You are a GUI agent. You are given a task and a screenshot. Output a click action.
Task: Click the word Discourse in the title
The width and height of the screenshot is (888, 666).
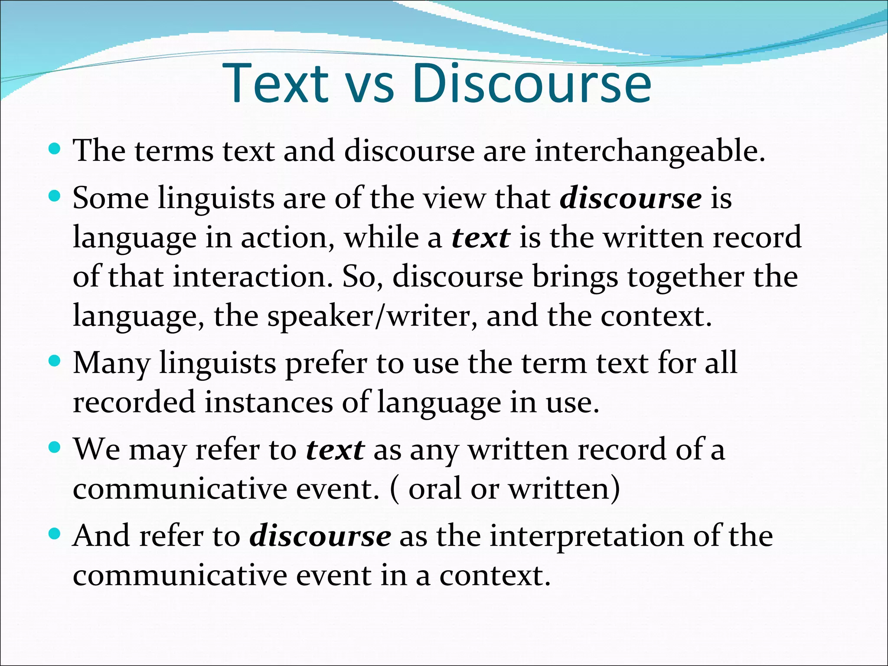pos(532,83)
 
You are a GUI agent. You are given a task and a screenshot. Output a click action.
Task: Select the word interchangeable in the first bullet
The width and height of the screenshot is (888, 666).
pos(650,152)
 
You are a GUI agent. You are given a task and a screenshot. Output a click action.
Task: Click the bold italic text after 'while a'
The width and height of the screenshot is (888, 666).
pos(480,238)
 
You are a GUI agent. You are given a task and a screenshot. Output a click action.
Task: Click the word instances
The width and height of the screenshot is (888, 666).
pos(268,402)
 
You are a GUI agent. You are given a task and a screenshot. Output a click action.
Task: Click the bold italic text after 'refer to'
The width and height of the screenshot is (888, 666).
pos(335,450)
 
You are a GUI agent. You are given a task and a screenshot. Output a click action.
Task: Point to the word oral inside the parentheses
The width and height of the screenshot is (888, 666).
pos(434,489)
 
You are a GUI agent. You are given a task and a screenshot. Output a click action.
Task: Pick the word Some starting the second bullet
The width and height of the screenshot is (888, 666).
pos(111,199)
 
